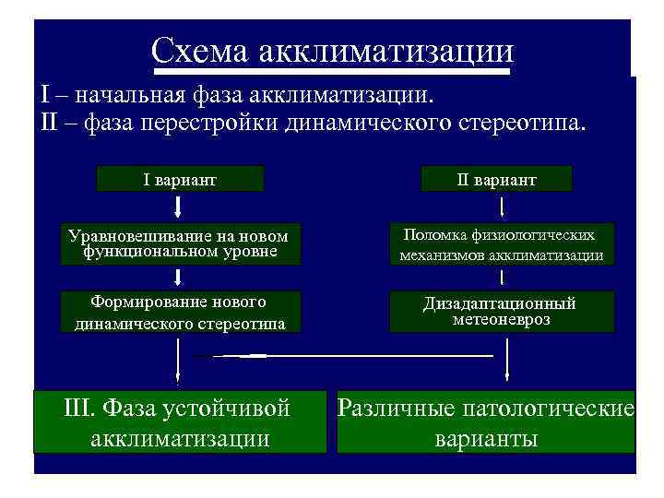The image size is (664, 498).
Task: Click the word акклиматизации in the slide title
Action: tap(385, 49)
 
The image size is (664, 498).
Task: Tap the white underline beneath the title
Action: tap(332, 70)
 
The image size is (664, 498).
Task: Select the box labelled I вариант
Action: tap(181, 179)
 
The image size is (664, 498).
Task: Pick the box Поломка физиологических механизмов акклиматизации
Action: tap(502, 244)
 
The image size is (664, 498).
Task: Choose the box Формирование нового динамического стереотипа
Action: tap(180, 312)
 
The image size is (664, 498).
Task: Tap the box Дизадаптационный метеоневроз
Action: tap(502, 312)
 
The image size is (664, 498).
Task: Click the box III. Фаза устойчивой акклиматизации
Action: tap(181, 422)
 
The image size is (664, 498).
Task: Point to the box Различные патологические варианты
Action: tap(486, 422)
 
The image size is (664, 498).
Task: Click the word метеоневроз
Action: tap(502, 319)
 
